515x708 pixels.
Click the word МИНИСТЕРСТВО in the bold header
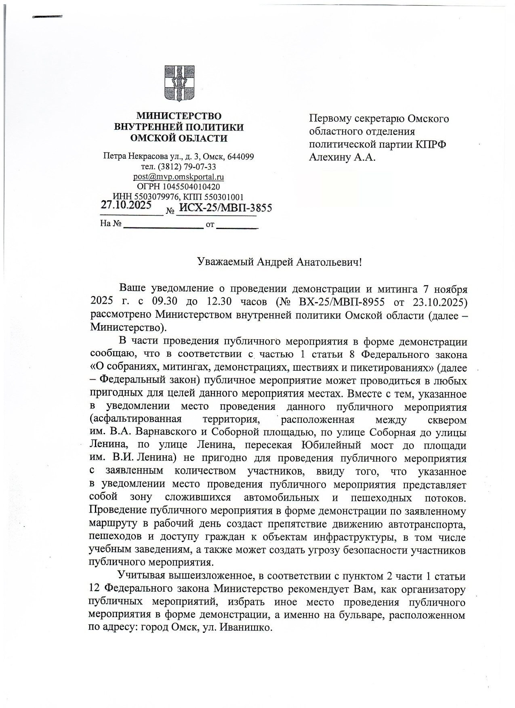(x=179, y=116)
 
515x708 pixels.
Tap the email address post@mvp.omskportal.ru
(x=179, y=177)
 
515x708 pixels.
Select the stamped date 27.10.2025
(x=126, y=205)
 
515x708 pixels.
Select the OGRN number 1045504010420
(x=191, y=187)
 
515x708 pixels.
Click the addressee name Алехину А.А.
(x=342, y=158)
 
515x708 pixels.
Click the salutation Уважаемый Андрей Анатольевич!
(x=279, y=262)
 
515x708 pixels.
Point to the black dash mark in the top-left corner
(x=47, y=17)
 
